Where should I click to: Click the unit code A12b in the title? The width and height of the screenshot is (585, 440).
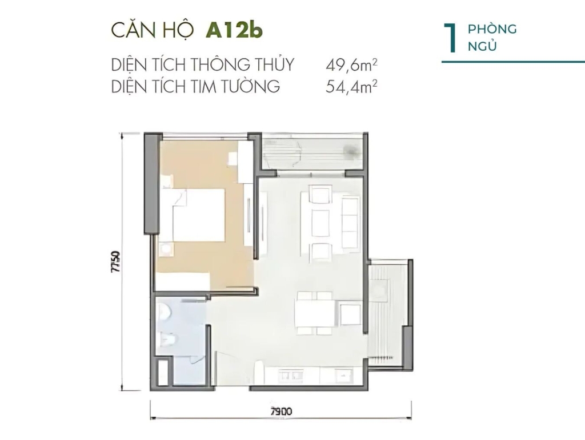click(234, 30)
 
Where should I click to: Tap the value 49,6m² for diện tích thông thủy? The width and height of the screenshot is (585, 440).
click(351, 65)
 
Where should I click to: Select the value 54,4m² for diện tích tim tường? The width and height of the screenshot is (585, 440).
click(351, 86)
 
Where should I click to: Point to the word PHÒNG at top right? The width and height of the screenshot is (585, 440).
click(492, 29)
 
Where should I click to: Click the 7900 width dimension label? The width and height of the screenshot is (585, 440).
click(281, 411)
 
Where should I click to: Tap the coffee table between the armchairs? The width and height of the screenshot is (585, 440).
click(320, 223)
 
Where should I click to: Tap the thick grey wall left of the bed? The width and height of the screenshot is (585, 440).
click(153, 184)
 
